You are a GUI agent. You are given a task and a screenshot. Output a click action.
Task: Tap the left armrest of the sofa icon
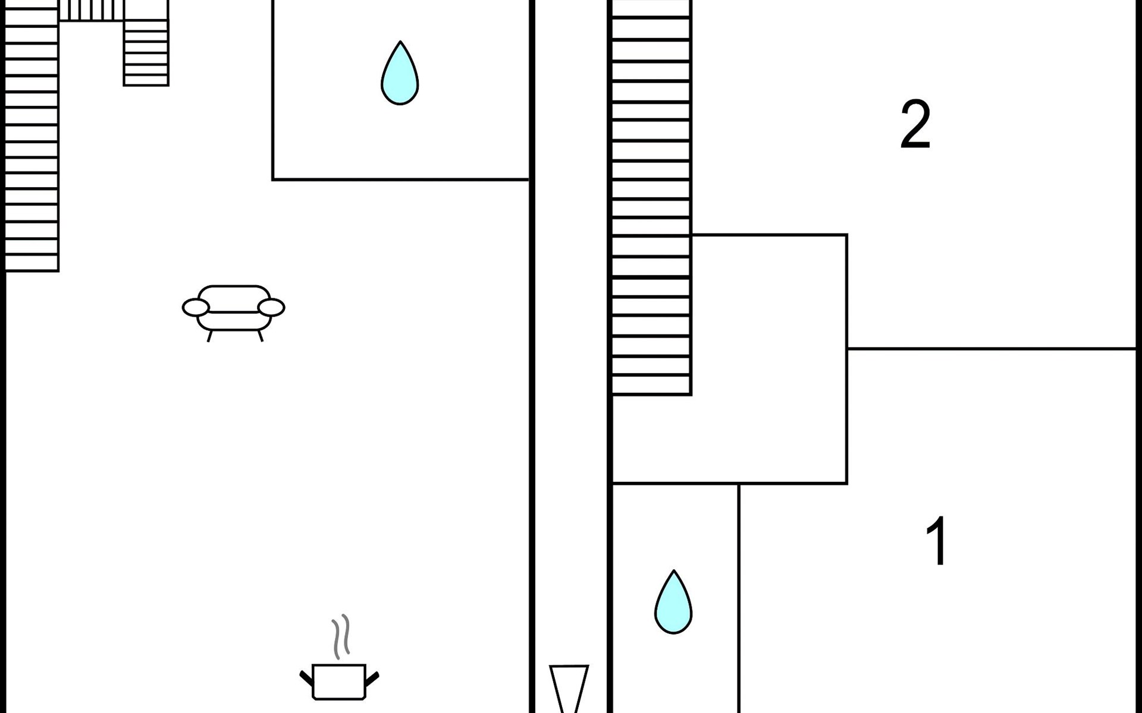196,307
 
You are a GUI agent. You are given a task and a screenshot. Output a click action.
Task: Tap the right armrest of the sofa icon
272,307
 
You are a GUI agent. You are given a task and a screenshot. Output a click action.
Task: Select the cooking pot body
338,682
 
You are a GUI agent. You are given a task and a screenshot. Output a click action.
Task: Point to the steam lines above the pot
341,636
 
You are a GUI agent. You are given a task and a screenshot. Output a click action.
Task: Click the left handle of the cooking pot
306,678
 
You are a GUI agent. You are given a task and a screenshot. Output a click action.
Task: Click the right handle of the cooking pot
372,678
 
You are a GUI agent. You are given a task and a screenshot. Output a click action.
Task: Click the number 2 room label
915,125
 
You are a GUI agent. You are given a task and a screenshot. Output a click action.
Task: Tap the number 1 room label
937,541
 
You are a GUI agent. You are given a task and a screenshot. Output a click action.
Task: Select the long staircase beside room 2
651,196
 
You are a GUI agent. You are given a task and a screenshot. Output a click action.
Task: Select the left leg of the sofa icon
209,336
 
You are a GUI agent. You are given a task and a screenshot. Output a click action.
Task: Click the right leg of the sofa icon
260,336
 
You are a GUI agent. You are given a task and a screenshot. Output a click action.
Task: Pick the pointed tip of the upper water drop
400,43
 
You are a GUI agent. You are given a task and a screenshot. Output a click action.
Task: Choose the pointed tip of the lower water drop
674,572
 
